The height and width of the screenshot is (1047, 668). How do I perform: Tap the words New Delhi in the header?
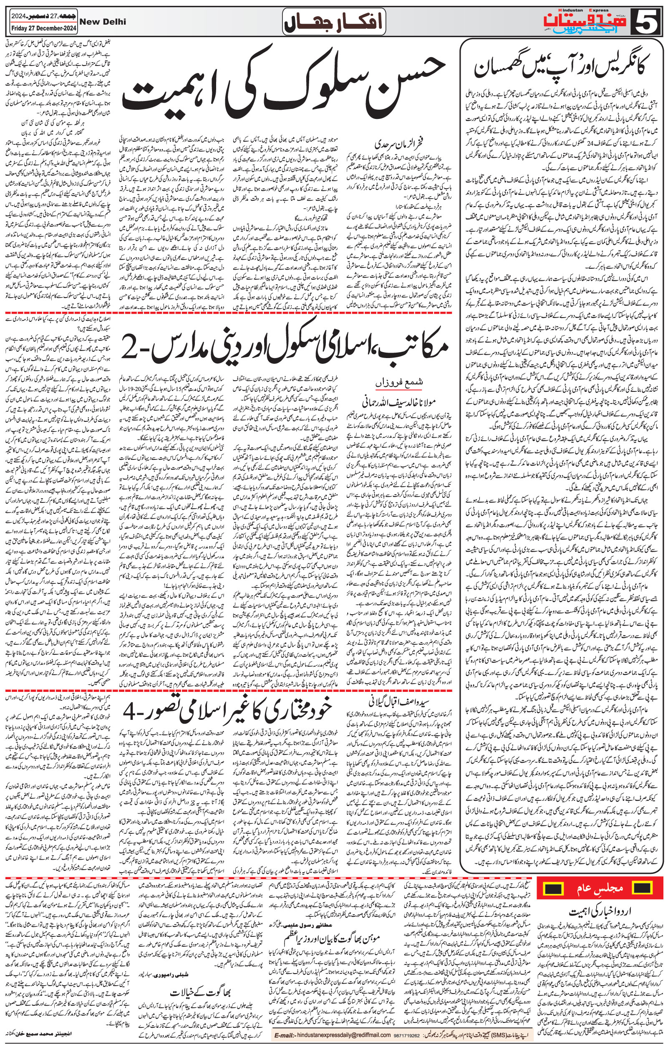click(x=103, y=21)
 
